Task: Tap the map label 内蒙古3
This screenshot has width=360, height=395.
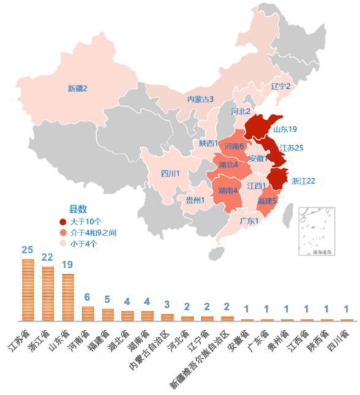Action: (x=201, y=99)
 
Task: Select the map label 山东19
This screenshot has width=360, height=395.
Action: (x=285, y=129)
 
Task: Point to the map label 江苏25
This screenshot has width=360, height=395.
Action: (x=291, y=148)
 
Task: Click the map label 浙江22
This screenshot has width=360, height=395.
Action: (x=303, y=181)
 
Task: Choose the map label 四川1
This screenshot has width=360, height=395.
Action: (x=170, y=174)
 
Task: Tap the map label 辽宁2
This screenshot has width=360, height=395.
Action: (x=281, y=86)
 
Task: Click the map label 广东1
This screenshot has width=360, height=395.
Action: (x=249, y=221)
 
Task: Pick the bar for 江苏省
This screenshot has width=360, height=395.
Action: (x=28, y=290)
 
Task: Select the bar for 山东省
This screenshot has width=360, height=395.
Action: (x=67, y=297)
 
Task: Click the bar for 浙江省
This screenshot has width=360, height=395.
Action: (x=48, y=293)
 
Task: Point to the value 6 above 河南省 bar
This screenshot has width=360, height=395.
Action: (x=87, y=297)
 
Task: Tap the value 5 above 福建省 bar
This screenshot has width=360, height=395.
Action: (x=107, y=300)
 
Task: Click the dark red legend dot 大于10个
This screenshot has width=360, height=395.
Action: (x=63, y=221)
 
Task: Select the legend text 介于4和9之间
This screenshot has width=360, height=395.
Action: (x=93, y=232)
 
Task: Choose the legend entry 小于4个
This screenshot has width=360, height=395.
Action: (x=83, y=244)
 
